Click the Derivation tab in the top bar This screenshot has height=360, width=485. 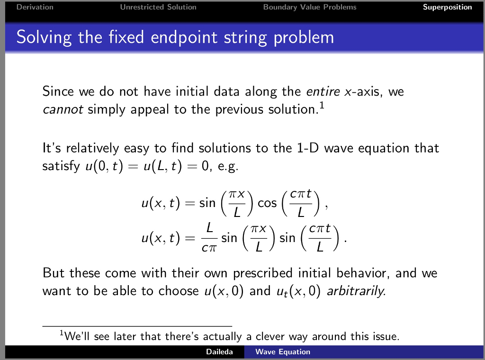point(35,7)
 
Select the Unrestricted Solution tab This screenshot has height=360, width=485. point(158,7)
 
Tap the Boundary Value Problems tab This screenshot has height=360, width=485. point(310,7)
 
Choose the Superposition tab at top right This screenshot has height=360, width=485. point(447,7)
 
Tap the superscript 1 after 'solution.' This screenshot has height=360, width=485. point(322,105)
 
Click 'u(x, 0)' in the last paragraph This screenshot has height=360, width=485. point(221,291)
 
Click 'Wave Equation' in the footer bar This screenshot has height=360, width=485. point(283,352)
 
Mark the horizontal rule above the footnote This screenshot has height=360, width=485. point(137,326)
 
